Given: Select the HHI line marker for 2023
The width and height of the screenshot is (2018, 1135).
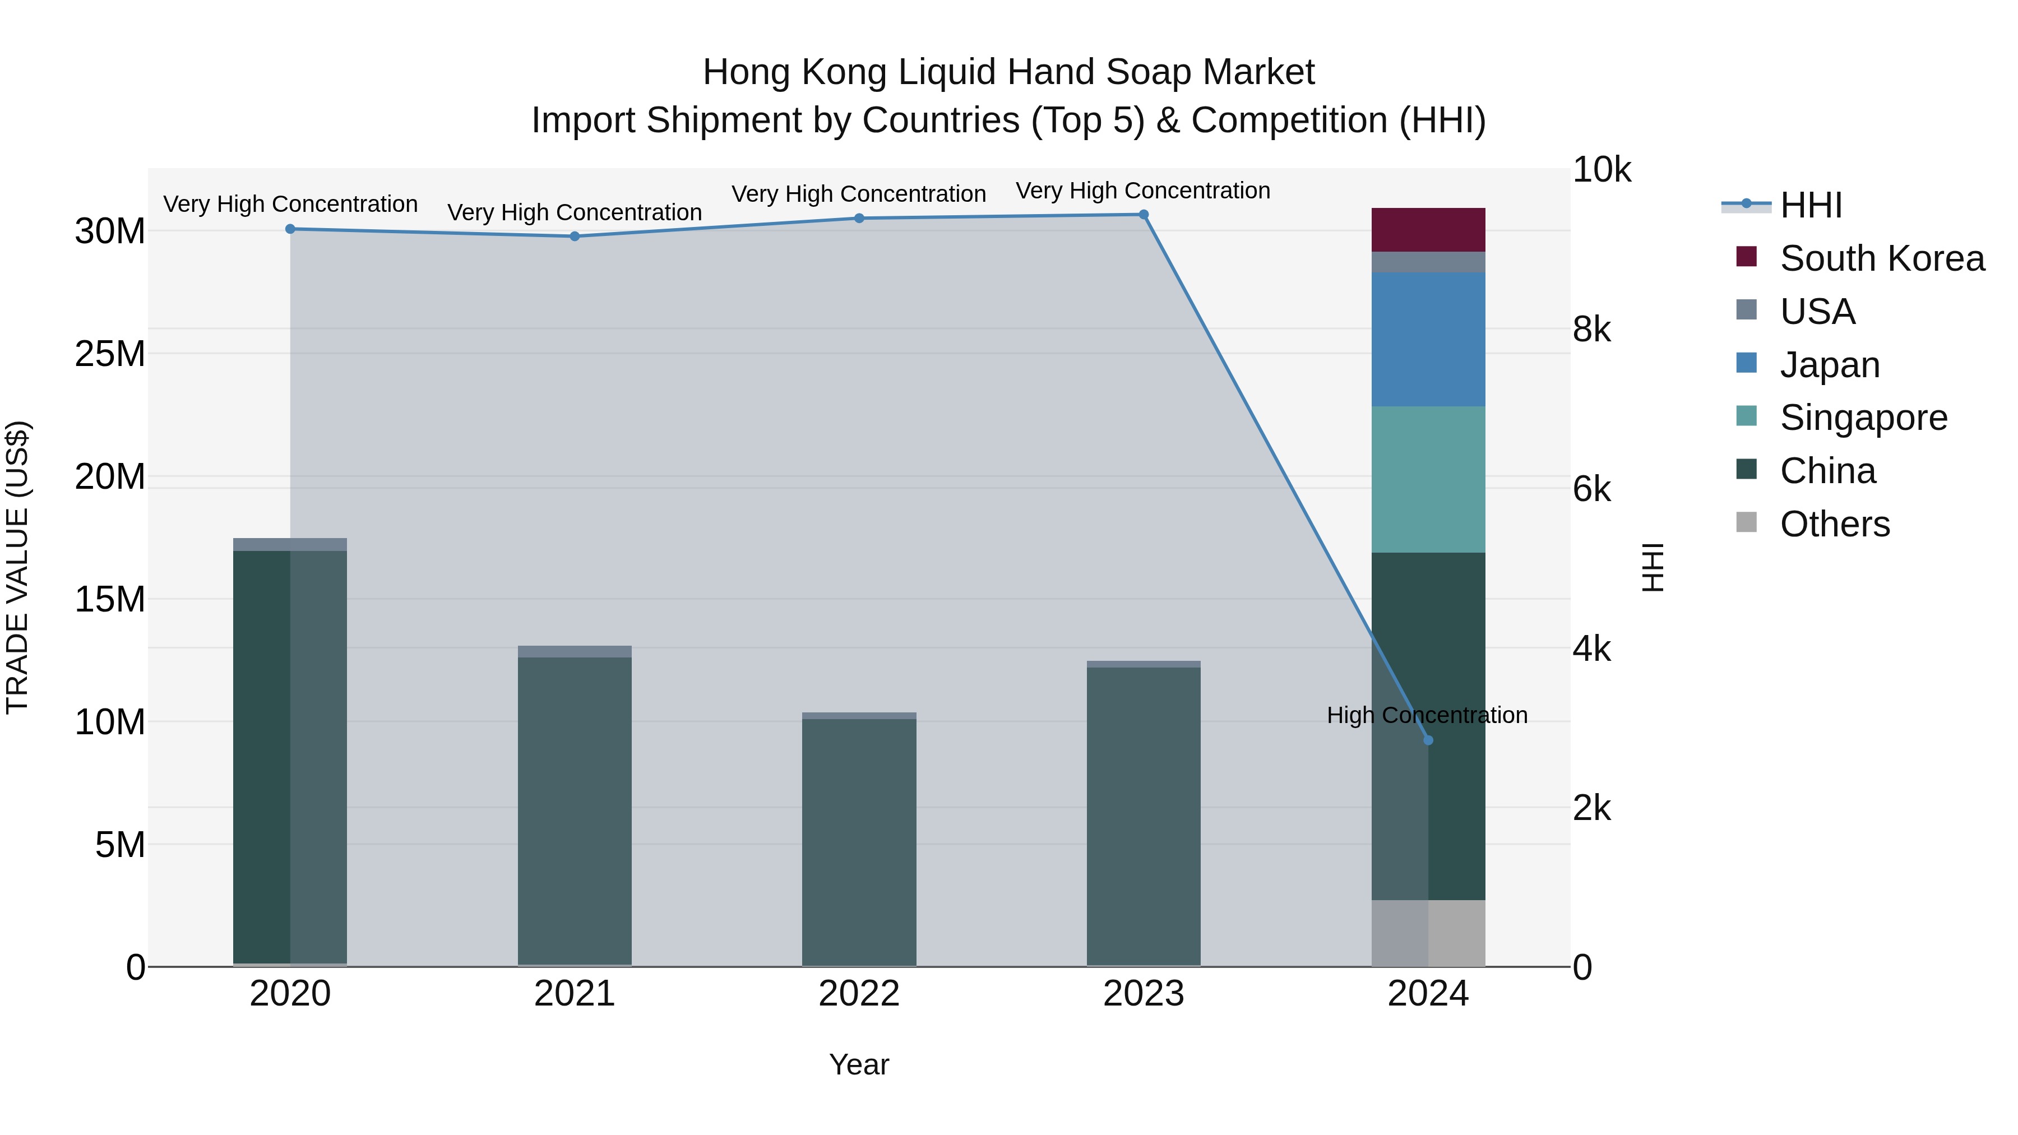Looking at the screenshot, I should (1143, 215).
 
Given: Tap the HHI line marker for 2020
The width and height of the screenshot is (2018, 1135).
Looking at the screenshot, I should (290, 229).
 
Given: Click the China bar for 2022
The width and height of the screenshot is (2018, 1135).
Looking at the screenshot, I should (859, 842).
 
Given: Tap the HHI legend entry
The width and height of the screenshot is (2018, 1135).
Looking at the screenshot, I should (1809, 205).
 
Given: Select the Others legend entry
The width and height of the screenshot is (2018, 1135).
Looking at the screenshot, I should (1834, 524).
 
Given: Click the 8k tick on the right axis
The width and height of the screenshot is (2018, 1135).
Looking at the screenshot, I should (1591, 330).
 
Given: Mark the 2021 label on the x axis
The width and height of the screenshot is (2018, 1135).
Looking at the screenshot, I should (574, 994).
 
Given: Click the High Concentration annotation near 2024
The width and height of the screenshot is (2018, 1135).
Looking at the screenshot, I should (1427, 715).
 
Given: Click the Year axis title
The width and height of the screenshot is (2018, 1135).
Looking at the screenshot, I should (859, 1064).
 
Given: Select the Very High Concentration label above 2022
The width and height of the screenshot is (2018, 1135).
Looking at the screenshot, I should (859, 193).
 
